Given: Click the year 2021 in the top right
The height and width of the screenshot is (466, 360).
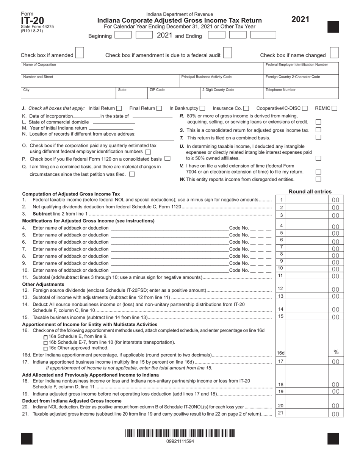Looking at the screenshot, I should pos(300,19).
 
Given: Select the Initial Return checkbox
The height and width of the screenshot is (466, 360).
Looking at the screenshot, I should pos(119,108).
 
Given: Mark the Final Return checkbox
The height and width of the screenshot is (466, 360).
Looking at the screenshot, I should pos(160,108).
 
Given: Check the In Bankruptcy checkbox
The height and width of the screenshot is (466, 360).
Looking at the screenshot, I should pos(203,108).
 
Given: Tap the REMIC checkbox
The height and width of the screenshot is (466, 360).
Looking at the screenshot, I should pos(334,108).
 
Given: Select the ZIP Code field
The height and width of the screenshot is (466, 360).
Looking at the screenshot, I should pos(163,93).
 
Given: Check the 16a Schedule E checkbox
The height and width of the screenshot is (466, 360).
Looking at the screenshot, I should pos(46,337).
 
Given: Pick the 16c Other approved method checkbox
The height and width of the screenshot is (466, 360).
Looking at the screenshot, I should pos(46,348).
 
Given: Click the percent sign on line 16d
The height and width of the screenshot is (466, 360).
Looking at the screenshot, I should pos(336,352).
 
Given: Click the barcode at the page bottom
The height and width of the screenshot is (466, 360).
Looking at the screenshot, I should pos(180,433).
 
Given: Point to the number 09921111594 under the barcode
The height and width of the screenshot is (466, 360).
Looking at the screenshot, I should pos(180,441).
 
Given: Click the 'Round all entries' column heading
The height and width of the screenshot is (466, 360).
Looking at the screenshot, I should pos(310,191).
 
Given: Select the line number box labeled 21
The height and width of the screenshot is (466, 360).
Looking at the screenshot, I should pos(281,413).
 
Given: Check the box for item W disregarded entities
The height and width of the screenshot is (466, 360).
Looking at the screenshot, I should pos(318,179).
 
